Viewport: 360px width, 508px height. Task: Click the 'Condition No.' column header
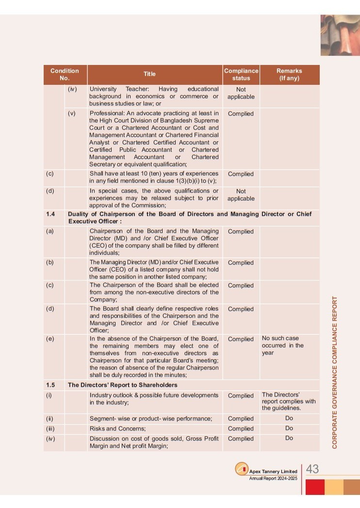click(x=65, y=74)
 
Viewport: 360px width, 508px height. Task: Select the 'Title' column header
click(x=149, y=74)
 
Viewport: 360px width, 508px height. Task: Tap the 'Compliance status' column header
click(x=241, y=74)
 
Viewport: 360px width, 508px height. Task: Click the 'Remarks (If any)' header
click(x=289, y=74)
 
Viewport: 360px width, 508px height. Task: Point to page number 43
click(x=312, y=469)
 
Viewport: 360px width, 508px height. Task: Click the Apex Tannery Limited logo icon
click(x=242, y=469)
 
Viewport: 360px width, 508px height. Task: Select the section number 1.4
click(x=50, y=214)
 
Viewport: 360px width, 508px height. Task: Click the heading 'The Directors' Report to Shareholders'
click(x=122, y=385)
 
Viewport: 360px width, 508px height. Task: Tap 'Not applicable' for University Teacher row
click(x=241, y=93)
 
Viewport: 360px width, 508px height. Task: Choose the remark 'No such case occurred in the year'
click(x=283, y=345)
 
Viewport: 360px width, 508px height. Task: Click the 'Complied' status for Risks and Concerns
click(x=241, y=429)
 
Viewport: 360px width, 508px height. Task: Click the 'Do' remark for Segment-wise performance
click(x=289, y=418)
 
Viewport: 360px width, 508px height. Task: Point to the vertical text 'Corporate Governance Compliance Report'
click(x=335, y=372)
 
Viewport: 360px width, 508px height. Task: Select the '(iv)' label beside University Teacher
click(x=72, y=89)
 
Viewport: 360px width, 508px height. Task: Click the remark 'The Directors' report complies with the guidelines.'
click(x=289, y=401)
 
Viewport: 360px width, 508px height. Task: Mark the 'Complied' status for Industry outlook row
click(x=241, y=396)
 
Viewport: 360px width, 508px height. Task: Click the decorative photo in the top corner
click(x=340, y=35)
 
